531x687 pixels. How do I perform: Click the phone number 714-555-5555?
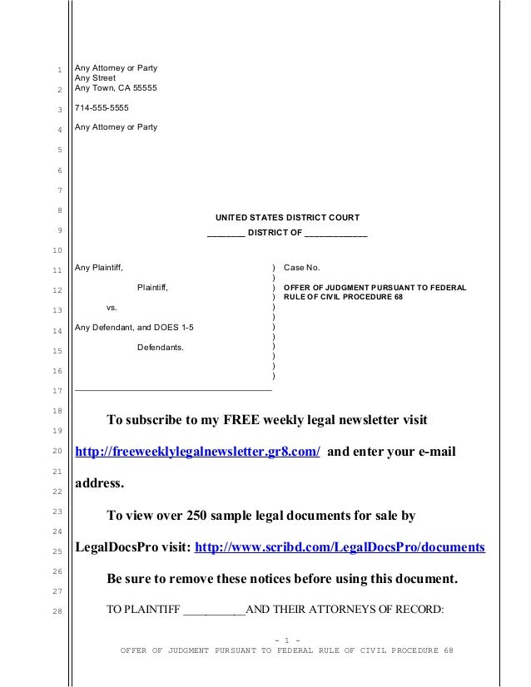point(103,108)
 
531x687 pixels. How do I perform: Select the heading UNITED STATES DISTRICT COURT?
point(287,218)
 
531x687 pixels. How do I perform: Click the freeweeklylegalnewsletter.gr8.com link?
point(197,452)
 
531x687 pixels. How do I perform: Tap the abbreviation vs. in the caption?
point(112,308)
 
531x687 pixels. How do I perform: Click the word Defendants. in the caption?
point(161,347)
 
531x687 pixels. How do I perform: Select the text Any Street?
point(96,77)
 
